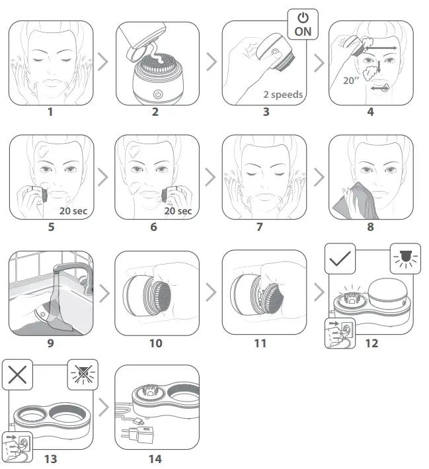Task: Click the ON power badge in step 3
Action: tap(303, 24)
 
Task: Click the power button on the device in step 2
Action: tap(157, 95)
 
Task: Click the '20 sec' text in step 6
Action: tap(178, 211)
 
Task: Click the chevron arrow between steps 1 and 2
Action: tap(103, 64)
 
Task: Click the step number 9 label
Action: tap(50, 343)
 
